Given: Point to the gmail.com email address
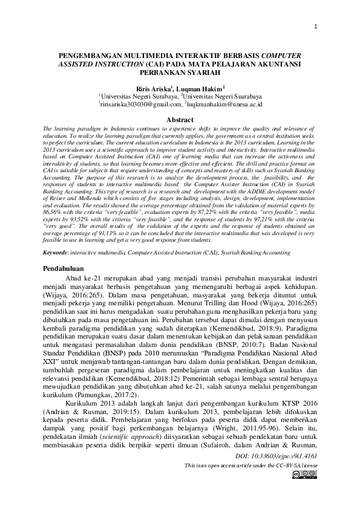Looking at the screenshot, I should click(x=131, y=104).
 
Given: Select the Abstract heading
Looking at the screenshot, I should click(x=179, y=120).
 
